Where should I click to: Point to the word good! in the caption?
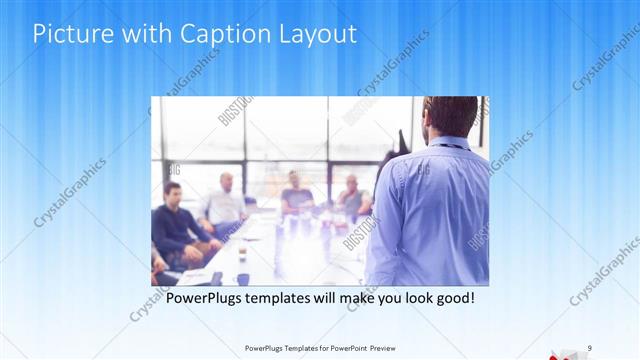point(452,298)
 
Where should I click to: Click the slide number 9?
point(590,347)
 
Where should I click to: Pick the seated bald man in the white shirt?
point(225,200)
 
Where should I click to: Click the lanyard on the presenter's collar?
point(445,146)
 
